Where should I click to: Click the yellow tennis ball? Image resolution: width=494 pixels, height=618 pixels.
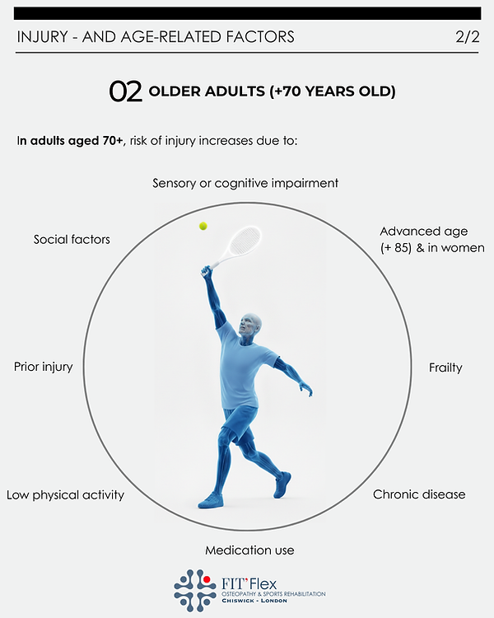click(x=203, y=225)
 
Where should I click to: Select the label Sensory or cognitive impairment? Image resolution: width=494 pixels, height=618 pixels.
click(x=245, y=183)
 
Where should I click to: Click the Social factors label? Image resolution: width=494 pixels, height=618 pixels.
click(x=72, y=239)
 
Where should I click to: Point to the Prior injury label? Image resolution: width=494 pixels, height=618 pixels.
click(x=44, y=367)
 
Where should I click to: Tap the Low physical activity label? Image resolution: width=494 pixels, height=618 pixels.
click(x=65, y=495)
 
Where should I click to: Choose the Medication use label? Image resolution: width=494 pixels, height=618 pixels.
click(x=249, y=550)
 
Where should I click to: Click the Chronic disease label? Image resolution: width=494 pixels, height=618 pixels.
click(x=419, y=494)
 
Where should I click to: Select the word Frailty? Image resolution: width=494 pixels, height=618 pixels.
click(x=445, y=368)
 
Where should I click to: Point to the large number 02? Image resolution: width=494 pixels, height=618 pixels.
click(x=125, y=91)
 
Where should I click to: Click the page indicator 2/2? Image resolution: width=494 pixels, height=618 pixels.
click(x=466, y=37)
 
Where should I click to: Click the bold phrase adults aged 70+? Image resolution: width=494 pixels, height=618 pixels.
click(x=76, y=141)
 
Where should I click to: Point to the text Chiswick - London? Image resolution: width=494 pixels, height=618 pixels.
click(x=262, y=603)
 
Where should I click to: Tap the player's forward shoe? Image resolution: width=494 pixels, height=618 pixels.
click(x=212, y=499)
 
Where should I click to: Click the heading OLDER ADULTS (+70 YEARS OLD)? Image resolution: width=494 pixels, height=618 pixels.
click(x=272, y=91)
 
